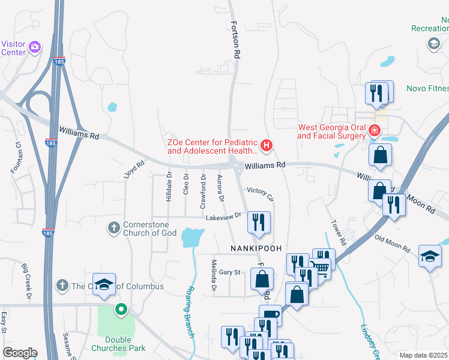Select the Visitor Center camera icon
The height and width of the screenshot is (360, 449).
coord(35,46)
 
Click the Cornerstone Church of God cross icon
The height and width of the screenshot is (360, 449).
coord(113,227)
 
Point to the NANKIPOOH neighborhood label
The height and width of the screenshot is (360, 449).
coord(252,248)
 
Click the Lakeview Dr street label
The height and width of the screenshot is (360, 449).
coord(223,216)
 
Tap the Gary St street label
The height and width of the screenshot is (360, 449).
coord(229,272)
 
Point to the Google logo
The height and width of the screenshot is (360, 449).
coord(20,353)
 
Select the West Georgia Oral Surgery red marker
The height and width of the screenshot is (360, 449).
coord(375,130)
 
